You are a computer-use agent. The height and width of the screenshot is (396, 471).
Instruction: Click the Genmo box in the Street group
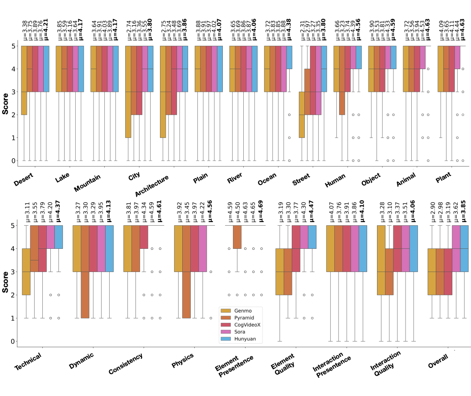click(302, 115)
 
